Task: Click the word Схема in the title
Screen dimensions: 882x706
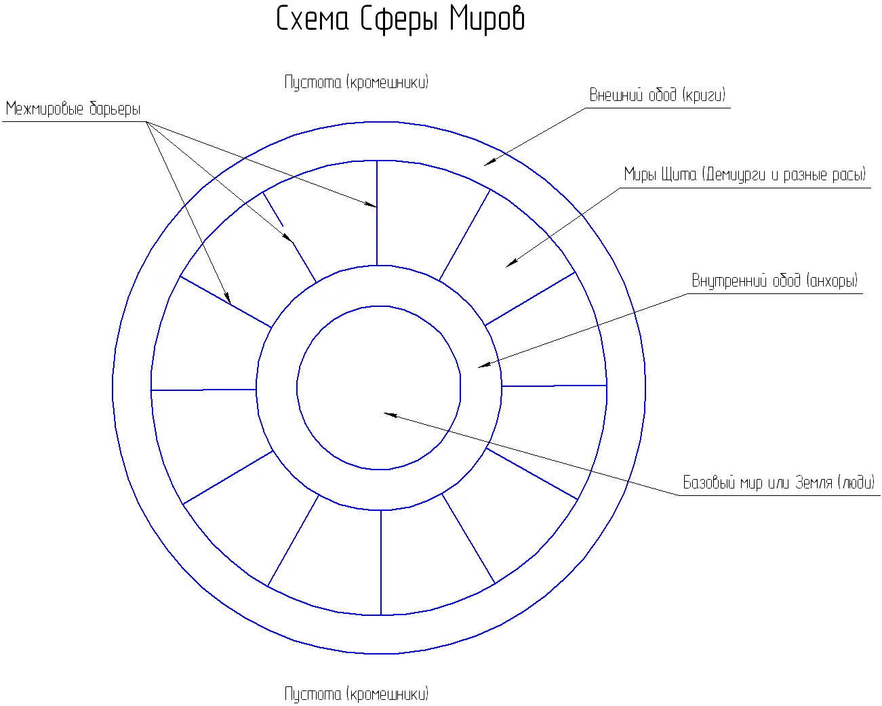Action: [x=313, y=19]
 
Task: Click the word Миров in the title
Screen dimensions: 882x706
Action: [x=487, y=19]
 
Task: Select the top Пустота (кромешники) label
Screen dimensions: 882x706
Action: [x=356, y=83]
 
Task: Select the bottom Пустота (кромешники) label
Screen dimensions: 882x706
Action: [x=356, y=694]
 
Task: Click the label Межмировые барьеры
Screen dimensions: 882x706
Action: [x=73, y=109]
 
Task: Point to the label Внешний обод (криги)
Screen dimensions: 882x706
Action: [x=657, y=95]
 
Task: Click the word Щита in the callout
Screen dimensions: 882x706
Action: [x=679, y=175]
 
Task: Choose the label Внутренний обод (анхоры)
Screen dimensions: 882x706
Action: [x=775, y=281]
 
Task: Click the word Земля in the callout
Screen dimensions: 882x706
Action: [x=814, y=482]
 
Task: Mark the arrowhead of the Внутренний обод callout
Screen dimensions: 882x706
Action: [x=484, y=365]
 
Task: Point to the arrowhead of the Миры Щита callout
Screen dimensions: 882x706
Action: [x=511, y=264]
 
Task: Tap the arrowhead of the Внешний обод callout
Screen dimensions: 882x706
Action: [x=489, y=162]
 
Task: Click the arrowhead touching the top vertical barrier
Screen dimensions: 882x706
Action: [x=371, y=205]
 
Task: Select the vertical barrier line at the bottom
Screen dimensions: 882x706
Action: [x=381, y=562]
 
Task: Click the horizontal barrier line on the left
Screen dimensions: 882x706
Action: [x=203, y=390]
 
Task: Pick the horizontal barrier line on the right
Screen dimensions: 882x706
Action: [x=554, y=386]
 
